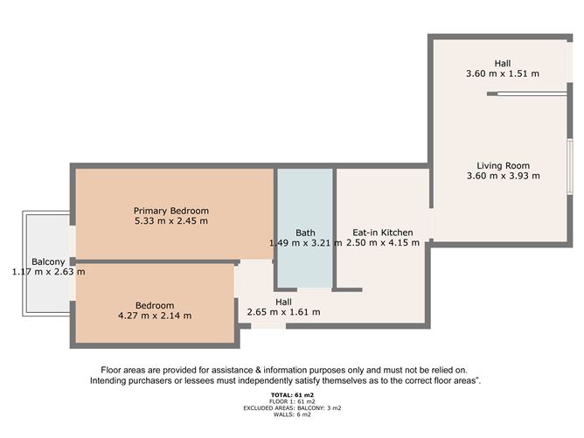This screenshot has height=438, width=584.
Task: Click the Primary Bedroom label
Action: pos(171,211)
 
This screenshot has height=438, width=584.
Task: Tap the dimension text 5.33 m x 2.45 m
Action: pos(171,221)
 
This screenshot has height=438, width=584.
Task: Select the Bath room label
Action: pos(305,233)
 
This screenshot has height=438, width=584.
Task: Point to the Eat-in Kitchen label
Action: pos(383,233)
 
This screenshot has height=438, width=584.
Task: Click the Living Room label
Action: pos(504,166)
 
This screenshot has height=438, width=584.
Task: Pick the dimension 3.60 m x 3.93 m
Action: pos(504,176)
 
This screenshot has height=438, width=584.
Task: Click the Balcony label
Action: pos(48,261)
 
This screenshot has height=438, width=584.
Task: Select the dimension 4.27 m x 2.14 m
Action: pos(155,316)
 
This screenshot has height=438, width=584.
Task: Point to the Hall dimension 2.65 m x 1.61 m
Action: pos(283,312)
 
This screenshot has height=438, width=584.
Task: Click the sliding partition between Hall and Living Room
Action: pos(532,94)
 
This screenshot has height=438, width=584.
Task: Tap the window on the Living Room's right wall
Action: pos(570,166)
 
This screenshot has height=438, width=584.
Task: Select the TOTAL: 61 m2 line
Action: pos(292,395)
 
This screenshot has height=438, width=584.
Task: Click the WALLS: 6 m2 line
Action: pos(292,414)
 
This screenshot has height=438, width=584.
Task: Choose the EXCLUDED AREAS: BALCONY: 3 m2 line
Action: pos(292,408)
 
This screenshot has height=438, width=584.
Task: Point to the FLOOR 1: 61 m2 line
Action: pos(292,401)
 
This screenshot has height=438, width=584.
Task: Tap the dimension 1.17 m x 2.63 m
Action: pos(48,272)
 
